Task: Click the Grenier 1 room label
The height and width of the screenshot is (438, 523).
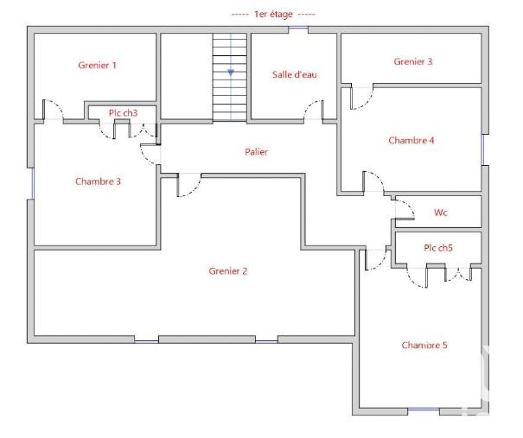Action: pyautogui.click(x=97, y=65)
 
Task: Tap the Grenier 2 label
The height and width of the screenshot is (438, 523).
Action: pyautogui.click(x=228, y=271)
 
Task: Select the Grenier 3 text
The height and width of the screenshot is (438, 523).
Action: pyautogui.click(x=413, y=61)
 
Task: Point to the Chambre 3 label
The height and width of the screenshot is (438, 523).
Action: pyautogui.click(x=98, y=181)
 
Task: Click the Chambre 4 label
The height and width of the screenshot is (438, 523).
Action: pyautogui.click(x=411, y=140)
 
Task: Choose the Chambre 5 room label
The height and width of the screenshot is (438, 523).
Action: pyautogui.click(x=424, y=346)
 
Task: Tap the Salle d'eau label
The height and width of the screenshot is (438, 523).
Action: pyautogui.click(x=295, y=75)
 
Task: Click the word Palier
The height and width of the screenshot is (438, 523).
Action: pyautogui.click(x=256, y=152)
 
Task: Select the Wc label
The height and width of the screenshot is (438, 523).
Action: pyautogui.click(x=440, y=213)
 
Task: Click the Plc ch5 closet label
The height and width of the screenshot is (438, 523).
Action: pyautogui.click(x=438, y=248)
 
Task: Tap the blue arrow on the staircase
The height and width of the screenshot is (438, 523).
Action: pyautogui.click(x=231, y=73)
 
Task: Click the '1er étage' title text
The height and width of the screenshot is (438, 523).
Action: pyautogui.click(x=273, y=15)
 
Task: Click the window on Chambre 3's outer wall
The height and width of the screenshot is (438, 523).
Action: pyautogui.click(x=32, y=182)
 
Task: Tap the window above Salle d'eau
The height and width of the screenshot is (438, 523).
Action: pyautogui.click(x=298, y=29)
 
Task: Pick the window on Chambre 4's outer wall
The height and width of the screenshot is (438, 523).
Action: pyautogui.click(x=484, y=149)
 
